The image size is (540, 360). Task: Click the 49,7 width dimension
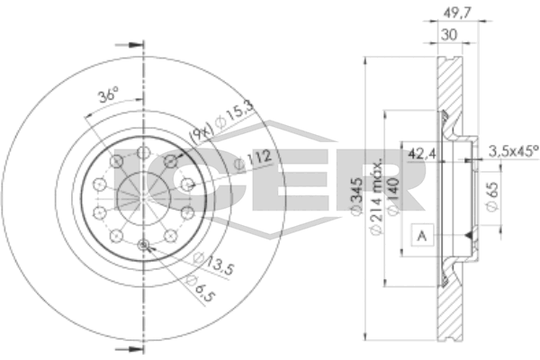pos(457,13)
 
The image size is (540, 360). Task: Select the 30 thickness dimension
pos(449,34)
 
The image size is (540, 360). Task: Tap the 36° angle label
pos(108,94)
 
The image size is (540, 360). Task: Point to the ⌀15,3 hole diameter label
pos(234,113)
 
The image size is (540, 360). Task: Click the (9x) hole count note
pos(201,133)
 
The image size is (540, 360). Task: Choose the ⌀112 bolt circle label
pos(253,159)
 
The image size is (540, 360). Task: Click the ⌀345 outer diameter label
pos(356,195)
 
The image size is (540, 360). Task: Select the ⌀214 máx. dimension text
pos(376,197)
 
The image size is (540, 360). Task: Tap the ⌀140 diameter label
pos(393,195)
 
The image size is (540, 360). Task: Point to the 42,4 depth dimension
pos(421,153)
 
